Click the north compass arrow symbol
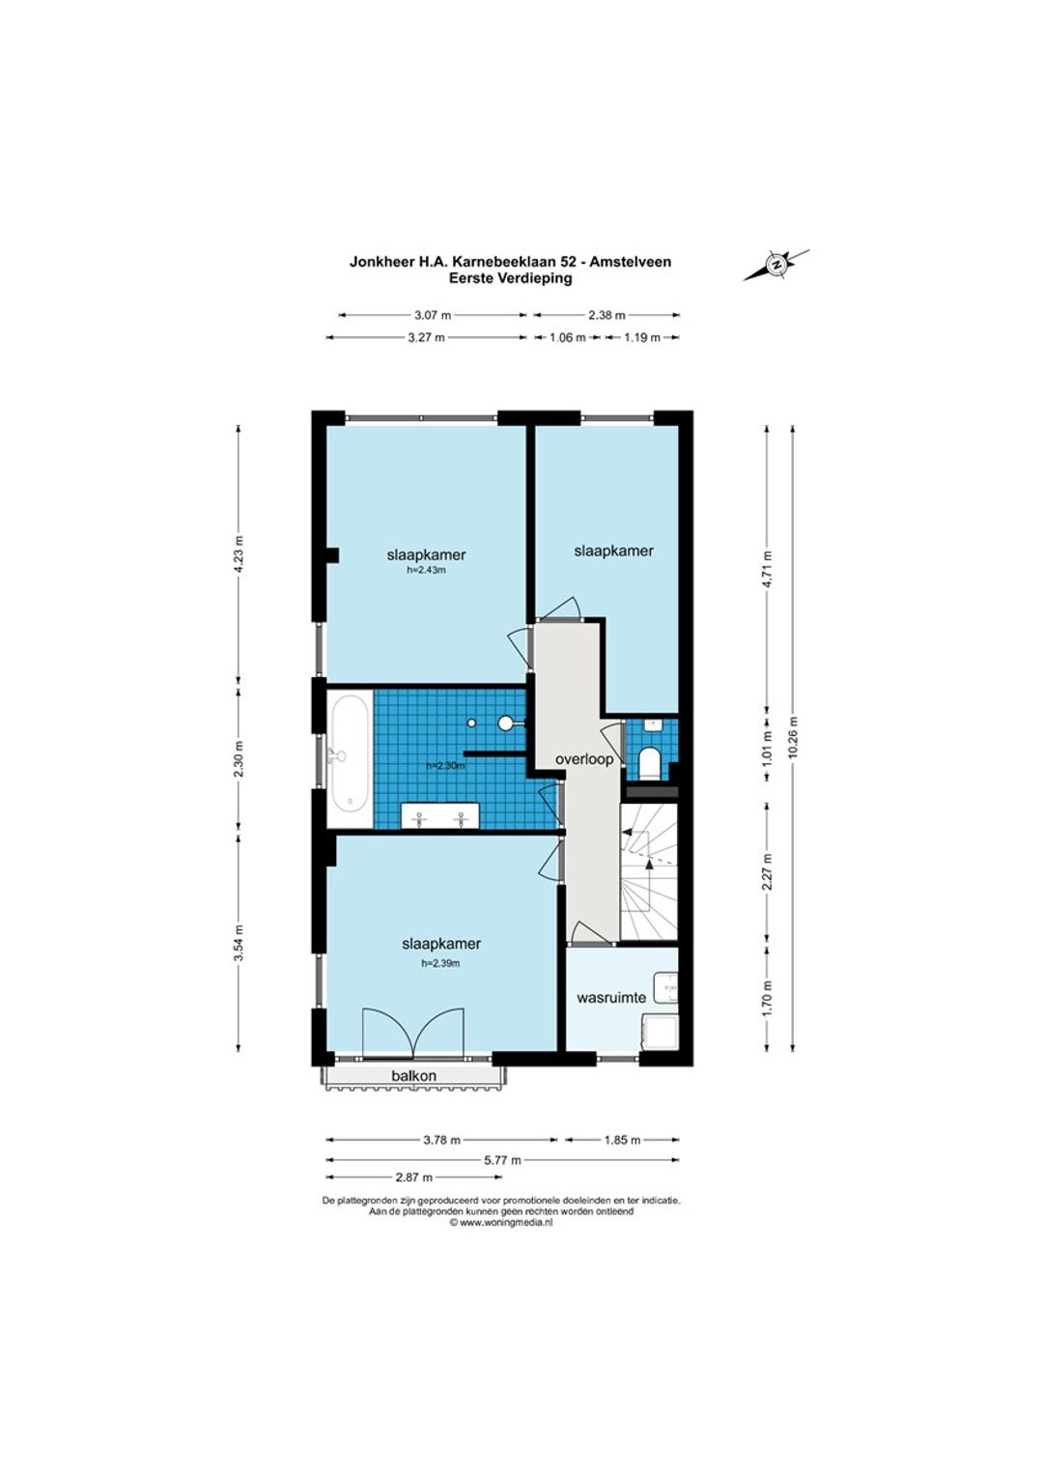point(776,265)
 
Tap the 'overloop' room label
point(584,759)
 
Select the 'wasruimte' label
point(610,998)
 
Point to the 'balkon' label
point(413,1076)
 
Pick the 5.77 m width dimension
point(502,1160)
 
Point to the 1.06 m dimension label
point(567,337)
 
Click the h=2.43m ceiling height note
point(426,570)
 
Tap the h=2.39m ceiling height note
point(440,963)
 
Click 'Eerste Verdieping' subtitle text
point(510,278)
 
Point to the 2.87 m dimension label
point(413,1177)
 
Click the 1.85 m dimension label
point(621,1140)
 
